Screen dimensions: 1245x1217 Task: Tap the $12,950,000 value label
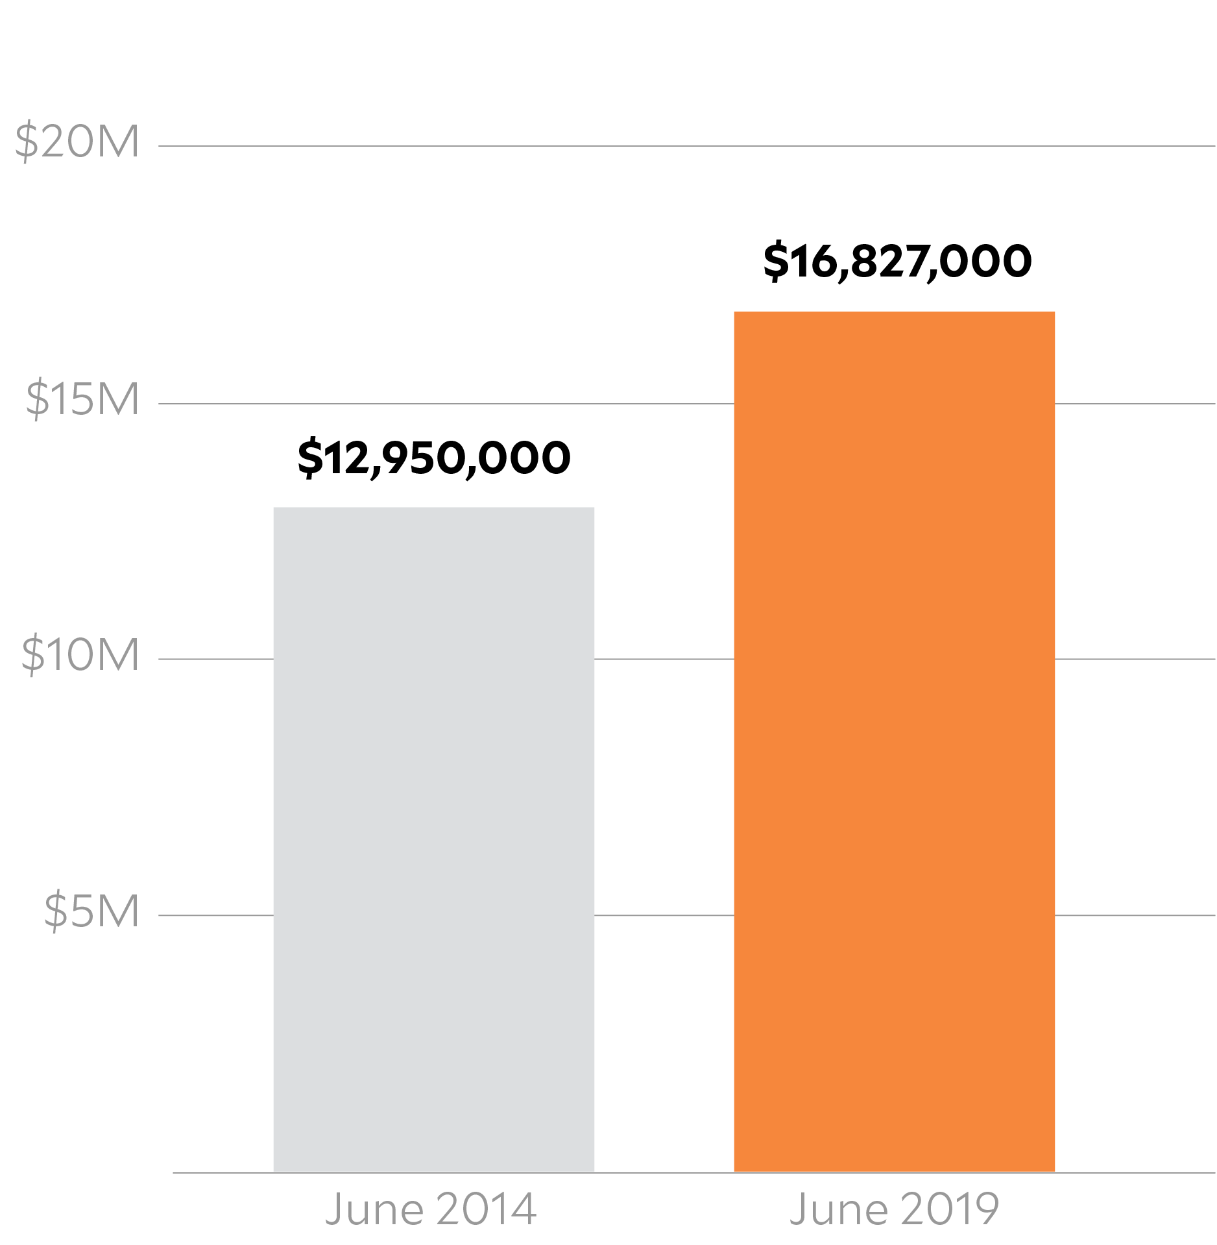[x=433, y=458]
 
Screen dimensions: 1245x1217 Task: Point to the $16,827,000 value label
[x=897, y=262]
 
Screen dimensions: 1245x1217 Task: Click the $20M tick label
[x=77, y=141]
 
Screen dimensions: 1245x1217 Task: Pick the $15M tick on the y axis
[x=82, y=398]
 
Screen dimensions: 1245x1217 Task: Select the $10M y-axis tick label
[x=80, y=654]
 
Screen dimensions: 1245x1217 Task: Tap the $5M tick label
[x=91, y=911]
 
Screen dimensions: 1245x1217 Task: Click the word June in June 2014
[x=374, y=1209]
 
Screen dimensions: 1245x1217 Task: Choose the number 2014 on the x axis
[x=486, y=1209]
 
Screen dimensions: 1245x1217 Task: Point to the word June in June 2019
[x=837, y=1209]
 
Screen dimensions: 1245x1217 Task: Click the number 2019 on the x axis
[x=949, y=1209]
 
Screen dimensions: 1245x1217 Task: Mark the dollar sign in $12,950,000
[x=310, y=458]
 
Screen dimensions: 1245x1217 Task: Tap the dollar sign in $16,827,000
[x=775, y=262]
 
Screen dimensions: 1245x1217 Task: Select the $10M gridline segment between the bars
[x=664, y=659]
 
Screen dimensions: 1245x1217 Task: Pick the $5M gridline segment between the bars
[x=664, y=915]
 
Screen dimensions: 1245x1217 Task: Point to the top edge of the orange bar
[x=894, y=312]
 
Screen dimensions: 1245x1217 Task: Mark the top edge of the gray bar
[x=433, y=508]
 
